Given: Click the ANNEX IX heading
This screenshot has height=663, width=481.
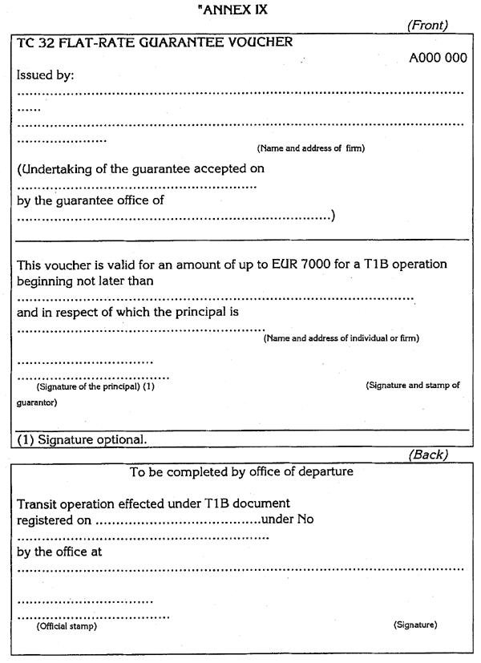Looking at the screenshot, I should [x=241, y=10].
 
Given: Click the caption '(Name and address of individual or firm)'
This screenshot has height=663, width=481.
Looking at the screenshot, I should [x=342, y=338].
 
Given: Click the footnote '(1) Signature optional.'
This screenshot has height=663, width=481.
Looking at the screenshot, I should [x=80, y=439].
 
